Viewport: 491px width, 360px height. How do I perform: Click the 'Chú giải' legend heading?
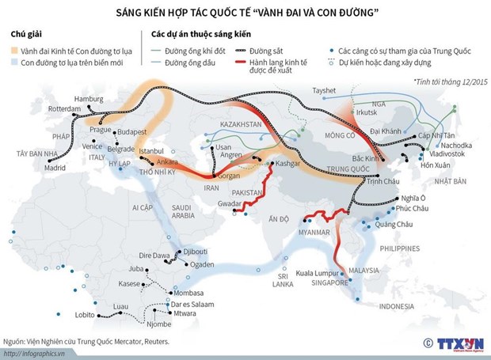point(28,35)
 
